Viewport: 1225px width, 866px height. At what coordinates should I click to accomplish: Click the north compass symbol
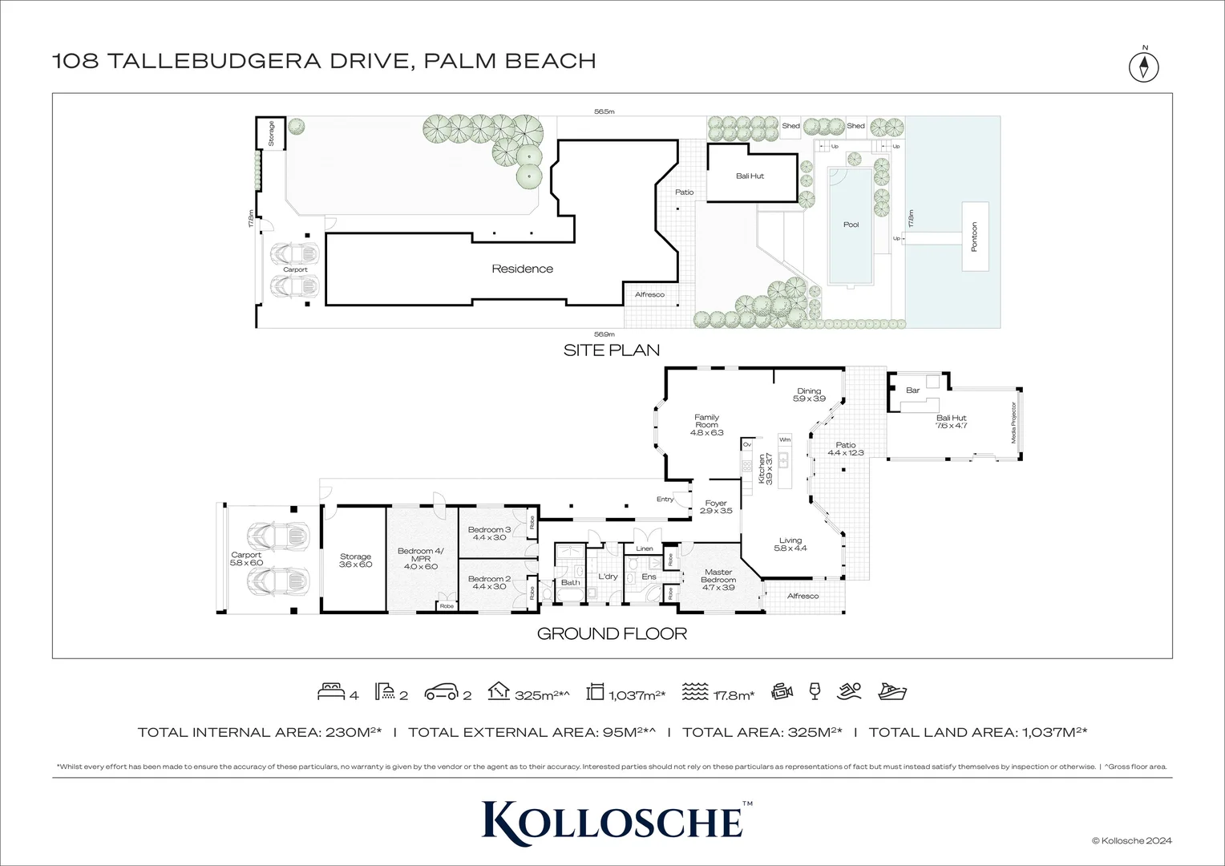click(1144, 66)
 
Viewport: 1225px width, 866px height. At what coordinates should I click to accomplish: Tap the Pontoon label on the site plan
click(975, 237)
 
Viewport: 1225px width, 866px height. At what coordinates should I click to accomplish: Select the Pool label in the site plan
click(851, 225)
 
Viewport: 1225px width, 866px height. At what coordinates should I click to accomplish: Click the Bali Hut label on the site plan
click(750, 176)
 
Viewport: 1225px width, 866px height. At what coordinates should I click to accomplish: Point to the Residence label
click(522, 269)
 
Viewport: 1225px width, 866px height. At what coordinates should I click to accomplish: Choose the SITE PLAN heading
click(611, 350)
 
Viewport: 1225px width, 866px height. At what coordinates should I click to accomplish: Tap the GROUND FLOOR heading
click(611, 633)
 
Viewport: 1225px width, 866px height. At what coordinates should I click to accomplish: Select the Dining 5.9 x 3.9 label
click(808, 395)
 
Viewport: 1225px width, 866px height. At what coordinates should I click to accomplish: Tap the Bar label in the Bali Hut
click(912, 391)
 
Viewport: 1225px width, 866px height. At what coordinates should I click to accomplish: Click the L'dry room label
click(608, 577)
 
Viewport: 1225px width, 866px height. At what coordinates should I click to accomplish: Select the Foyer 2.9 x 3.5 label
click(715, 507)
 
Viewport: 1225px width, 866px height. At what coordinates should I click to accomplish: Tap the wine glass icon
click(815, 691)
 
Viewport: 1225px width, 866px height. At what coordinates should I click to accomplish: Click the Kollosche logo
click(612, 819)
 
